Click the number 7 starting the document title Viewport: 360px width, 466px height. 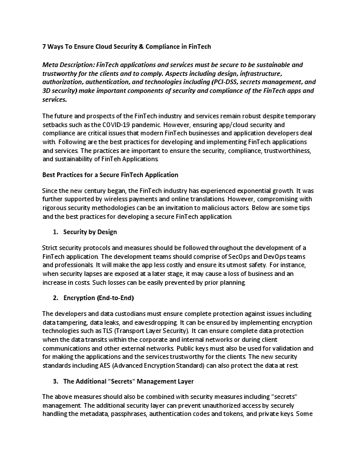[45, 46]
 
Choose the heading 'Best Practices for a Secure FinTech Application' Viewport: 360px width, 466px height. [111, 175]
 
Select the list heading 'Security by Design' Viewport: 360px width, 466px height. [90, 232]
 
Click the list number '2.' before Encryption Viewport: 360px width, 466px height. [55, 298]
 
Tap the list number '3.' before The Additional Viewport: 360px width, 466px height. [55, 381]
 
